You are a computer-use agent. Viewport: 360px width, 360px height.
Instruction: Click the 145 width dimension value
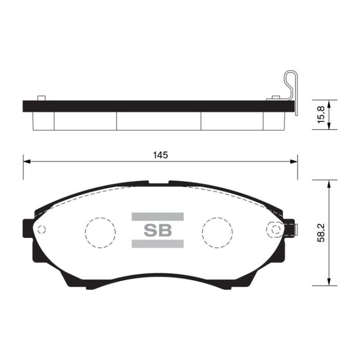point(160,155)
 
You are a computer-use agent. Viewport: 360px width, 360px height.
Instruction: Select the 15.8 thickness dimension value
point(321,115)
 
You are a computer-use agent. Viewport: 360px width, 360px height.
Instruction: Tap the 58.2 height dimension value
point(321,233)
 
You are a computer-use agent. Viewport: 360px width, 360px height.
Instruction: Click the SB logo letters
point(158,230)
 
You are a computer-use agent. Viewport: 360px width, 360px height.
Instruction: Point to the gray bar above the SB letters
point(157,216)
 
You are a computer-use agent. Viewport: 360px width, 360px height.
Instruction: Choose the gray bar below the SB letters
point(157,243)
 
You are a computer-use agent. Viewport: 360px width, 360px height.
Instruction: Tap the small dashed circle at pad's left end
point(42,229)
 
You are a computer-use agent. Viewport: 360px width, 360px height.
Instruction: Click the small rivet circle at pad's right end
point(276,229)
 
